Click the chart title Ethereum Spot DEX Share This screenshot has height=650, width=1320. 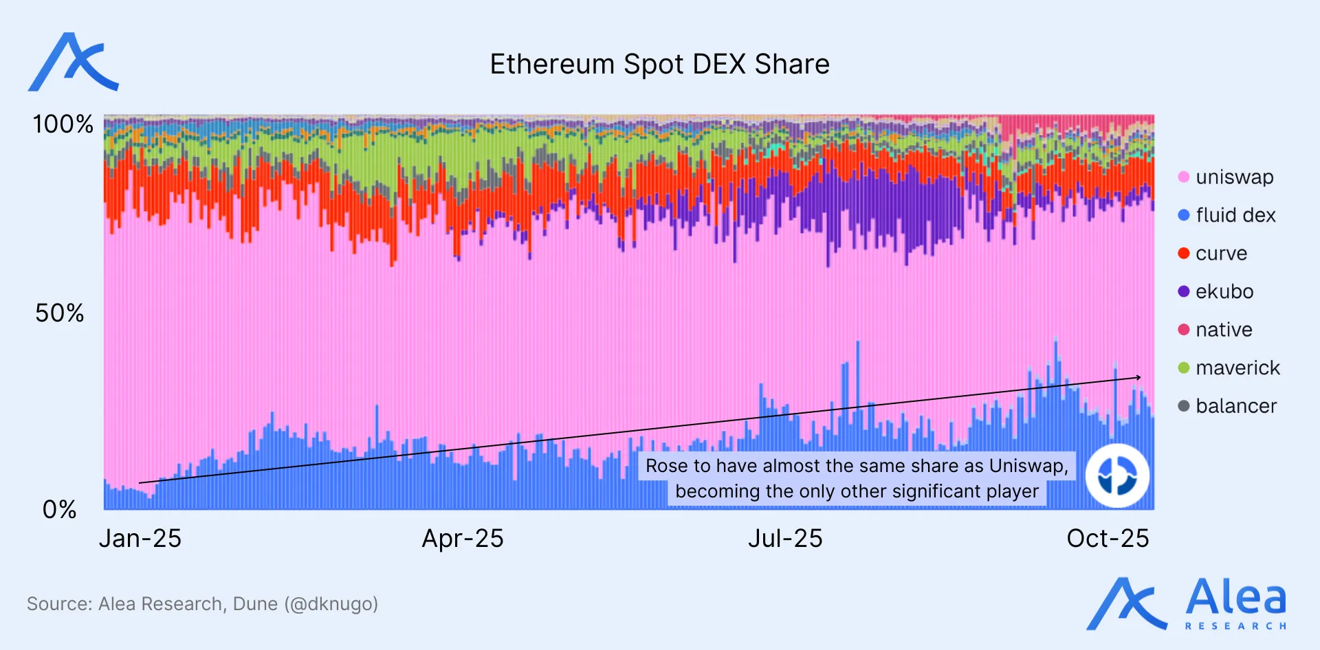point(659,65)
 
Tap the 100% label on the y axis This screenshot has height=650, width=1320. point(63,124)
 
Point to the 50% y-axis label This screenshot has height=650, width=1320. point(60,313)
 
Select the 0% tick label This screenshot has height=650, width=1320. point(59,510)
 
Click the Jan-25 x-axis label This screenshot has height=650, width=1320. point(140,539)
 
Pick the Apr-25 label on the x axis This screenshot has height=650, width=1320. point(463,539)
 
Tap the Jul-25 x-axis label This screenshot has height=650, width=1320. point(785,539)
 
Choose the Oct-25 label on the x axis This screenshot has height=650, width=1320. point(1108,539)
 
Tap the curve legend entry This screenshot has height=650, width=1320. point(1221,254)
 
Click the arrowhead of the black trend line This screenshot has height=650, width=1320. point(1138,377)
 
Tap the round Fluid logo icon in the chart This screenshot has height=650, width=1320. point(1117,475)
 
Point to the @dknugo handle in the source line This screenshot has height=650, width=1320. point(331,604)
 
